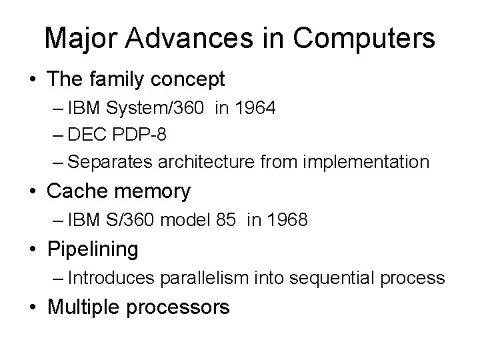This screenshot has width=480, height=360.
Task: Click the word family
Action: (120, 80)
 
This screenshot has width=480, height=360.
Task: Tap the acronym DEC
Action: (83, 135)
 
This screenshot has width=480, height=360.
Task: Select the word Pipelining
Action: (93, 250)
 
